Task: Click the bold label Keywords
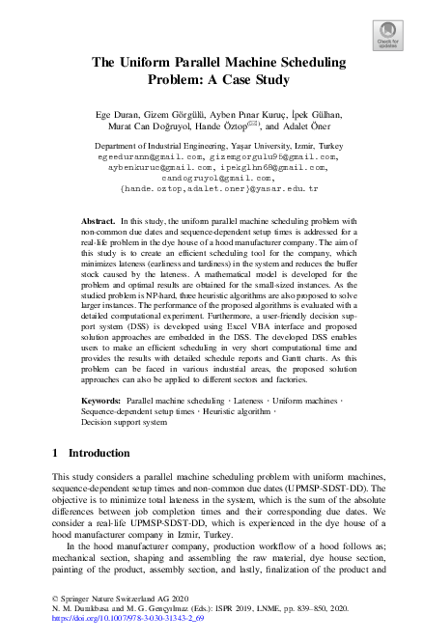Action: point(101,399)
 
